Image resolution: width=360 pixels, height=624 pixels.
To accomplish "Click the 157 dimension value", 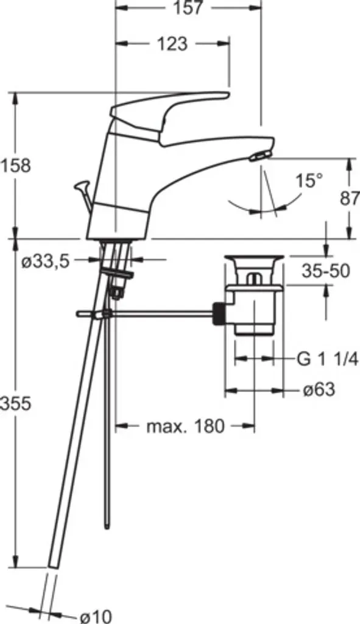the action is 188,7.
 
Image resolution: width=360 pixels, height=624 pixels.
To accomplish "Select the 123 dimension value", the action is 172,44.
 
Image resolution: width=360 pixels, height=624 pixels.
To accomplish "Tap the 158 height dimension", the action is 15,165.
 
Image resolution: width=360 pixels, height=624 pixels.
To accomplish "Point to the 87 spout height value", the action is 350,198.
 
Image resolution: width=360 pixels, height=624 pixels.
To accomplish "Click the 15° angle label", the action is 309,181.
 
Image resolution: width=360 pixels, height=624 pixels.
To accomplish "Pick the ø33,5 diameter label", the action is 46,261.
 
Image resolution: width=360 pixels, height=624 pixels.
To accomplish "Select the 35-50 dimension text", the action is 326,271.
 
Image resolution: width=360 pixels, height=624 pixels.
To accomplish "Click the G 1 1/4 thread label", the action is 328,360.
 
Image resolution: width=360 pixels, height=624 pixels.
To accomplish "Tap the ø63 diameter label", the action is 319,389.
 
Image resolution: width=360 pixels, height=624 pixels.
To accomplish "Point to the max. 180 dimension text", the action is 186,427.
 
